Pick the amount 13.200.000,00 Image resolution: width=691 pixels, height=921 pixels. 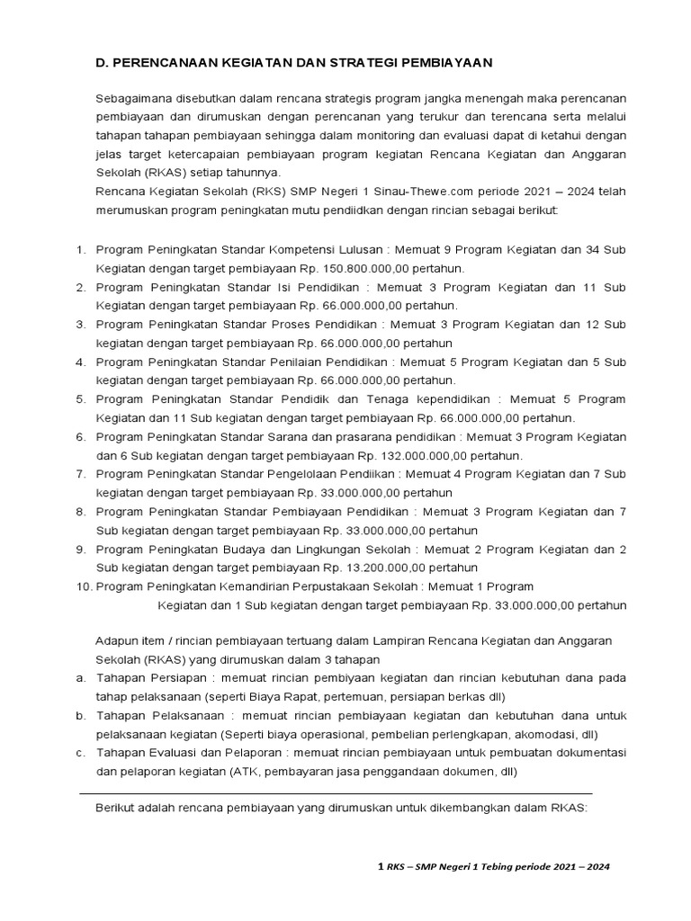(x=367, y=568)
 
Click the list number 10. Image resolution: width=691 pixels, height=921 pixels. (x=82, y=586)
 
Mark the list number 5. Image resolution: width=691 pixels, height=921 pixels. (x=80, y=398)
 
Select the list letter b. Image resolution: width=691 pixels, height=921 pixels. (x=80, y=716)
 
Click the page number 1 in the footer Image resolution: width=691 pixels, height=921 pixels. (x=380, y=867)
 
